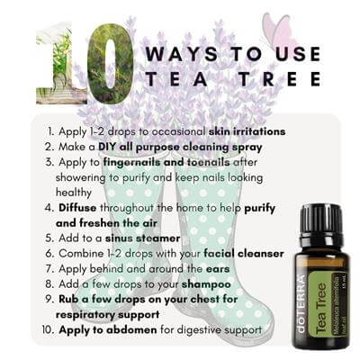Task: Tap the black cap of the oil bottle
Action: tap(321, 220)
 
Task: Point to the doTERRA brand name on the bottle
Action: tap(301, 303)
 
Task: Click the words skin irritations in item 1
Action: tap(247, 131)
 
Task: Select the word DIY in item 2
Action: tap(108, 147)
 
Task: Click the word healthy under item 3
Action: tap(74, 193)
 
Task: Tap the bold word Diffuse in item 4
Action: tap(77, 208)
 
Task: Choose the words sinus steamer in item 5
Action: tap(142, 238)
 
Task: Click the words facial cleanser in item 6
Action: tap(244, 254)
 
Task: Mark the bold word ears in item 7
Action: tap(218, 269)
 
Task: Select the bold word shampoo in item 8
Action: tap(206, 284)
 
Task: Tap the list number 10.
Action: tap(48, 329)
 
